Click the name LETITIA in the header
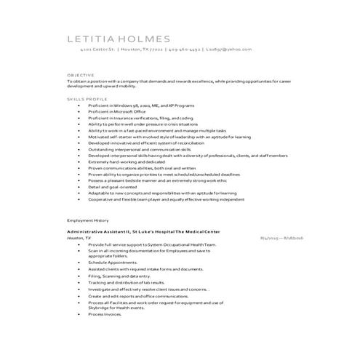point(92,38)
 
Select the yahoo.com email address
point(228,50)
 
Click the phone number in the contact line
point(185,50)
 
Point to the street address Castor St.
point(97,50)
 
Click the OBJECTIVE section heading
point(80,75)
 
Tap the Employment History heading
point(87,219)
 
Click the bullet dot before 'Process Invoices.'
point(79,313)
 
